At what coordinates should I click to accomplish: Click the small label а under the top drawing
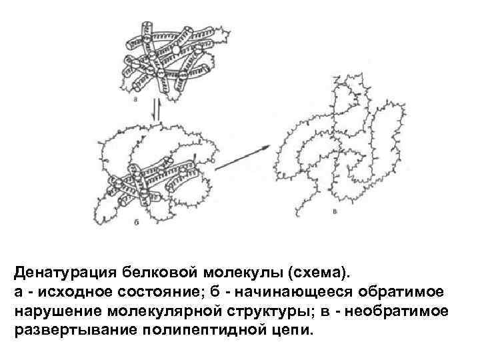click(x=135, y=100)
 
